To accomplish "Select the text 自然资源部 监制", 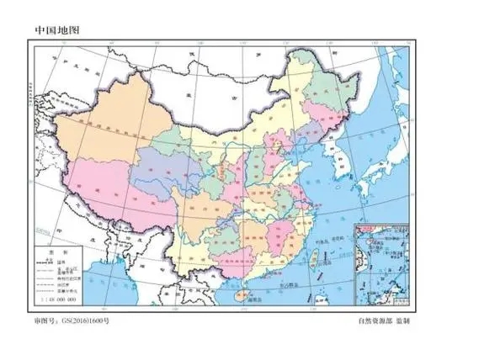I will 391,320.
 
